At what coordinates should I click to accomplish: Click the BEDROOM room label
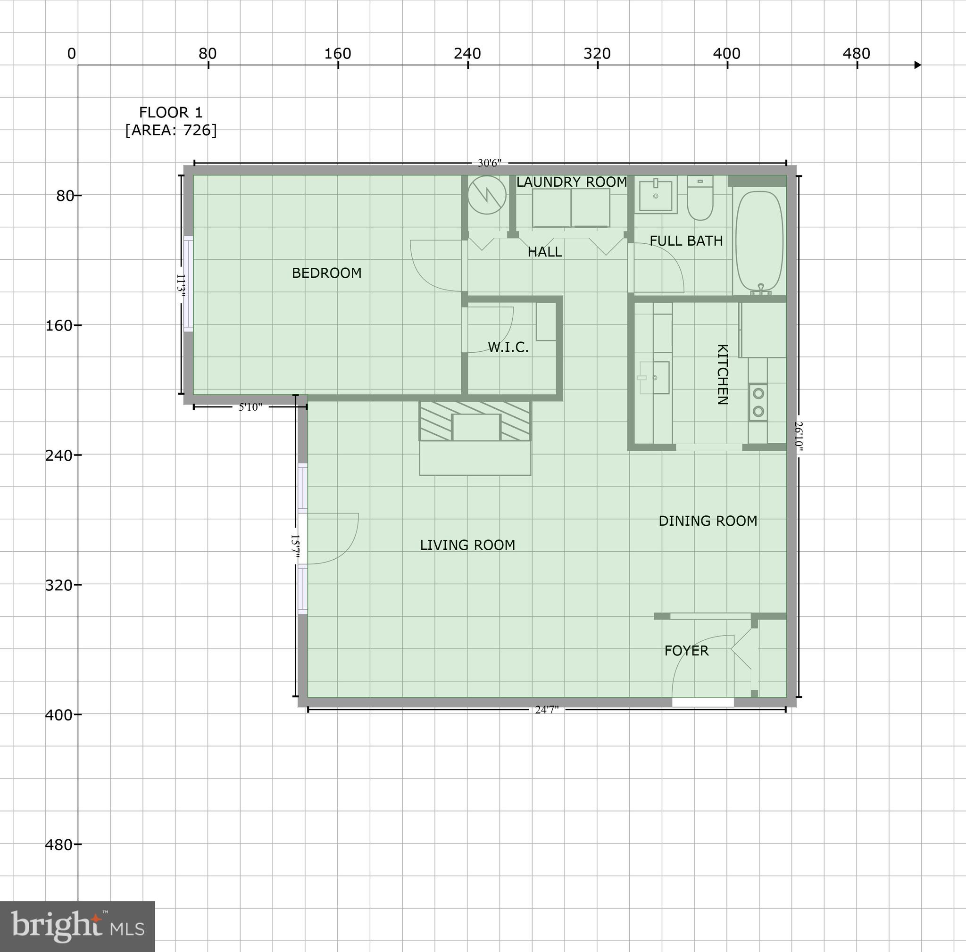[x=326, y=273]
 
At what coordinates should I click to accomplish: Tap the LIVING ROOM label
[x=467, y=545]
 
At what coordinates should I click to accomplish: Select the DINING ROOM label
[x=708, y=521]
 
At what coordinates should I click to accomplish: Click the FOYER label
[x=686, y=651]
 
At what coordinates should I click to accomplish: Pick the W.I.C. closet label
[x=508, y=348]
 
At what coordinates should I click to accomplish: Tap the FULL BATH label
[x=686, y=241]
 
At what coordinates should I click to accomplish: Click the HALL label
[x=544, y=252]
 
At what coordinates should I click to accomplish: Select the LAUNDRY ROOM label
[x=572, y=182]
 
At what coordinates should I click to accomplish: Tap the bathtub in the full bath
[x=759, y=241]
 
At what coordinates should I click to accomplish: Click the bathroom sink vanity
[x=656, y=194]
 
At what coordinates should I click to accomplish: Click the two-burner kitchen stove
[x=758, y=402]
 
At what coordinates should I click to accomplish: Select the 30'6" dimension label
[x=490, y=164]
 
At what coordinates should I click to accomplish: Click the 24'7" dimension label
[x=547, y=710]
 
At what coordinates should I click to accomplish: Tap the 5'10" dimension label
[x=250, y=407]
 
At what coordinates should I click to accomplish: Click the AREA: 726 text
[x=171, y=131]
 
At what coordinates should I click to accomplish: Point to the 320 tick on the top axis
[x=597, y=53]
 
